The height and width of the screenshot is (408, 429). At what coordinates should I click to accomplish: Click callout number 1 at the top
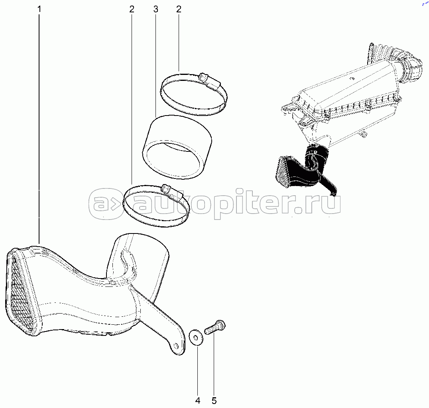[x=39, y=9]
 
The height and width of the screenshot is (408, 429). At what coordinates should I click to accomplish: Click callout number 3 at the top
[x=155, y=9]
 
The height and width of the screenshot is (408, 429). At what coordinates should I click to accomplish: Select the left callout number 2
[x=132, y=9]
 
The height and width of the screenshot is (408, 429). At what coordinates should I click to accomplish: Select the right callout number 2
[x=179, y=9]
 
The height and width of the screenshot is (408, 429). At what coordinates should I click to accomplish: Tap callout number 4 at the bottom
[x=198, y=400]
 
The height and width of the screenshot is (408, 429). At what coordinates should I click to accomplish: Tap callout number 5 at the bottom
[x=214, y=400]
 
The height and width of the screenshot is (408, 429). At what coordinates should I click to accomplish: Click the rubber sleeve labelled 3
[x=177, y=147]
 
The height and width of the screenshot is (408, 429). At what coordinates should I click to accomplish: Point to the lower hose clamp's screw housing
[x=172, y=192]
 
